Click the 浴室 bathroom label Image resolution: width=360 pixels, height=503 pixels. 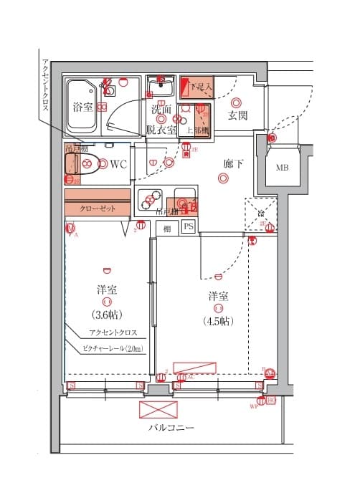click(x=82, y=107)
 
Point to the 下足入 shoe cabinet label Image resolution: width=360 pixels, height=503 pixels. click(x=202, y=87)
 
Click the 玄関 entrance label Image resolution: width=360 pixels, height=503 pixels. click(x=237, y=115)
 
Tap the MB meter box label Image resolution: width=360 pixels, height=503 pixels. click(x=284, y=168)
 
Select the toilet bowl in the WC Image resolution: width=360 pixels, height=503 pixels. click(x=80, y=164)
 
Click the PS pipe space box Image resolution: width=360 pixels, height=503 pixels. click(x=188, y=227)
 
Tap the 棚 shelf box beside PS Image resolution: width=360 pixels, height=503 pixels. click(x=166, y=228)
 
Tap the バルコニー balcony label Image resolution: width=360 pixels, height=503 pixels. click(x=171, y=428)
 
